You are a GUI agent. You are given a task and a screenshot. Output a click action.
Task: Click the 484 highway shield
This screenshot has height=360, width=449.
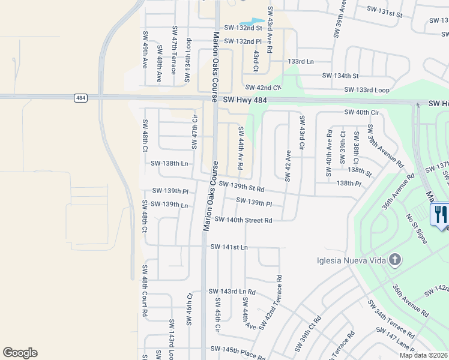click(80, 97)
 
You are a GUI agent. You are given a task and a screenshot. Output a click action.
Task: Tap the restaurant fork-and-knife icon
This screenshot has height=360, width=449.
click(439, 214)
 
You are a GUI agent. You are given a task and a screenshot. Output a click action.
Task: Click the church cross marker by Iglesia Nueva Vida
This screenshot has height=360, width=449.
click(394, 260)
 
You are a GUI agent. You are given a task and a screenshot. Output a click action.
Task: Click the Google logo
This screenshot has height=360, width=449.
click(20, 353)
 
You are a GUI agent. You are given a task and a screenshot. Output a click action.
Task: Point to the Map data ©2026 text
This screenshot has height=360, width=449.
click(423, 355)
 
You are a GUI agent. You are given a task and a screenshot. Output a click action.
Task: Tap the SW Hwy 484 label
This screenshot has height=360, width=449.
click(244, 101)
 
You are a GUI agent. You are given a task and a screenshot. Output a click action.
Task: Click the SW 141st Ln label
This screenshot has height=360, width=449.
click(229, 247)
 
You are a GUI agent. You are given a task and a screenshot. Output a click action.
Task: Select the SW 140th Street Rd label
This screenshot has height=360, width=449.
click(244, 220)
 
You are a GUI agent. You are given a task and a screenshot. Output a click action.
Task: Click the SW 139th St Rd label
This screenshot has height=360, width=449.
click(242, 187)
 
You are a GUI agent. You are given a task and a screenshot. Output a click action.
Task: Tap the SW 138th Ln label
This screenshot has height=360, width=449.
click(169, 163)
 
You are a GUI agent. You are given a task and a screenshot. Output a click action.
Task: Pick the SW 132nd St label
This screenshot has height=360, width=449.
click(244, 28)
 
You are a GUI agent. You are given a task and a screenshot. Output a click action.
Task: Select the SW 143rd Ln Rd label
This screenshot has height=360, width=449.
click(232, 292)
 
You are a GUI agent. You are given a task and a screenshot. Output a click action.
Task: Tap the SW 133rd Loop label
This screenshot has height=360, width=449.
click(367, 90)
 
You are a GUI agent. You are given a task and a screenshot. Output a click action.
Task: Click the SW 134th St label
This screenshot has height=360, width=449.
click(340, 76)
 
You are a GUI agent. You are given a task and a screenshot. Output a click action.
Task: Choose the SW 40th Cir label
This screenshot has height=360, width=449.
click(362, 112)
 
